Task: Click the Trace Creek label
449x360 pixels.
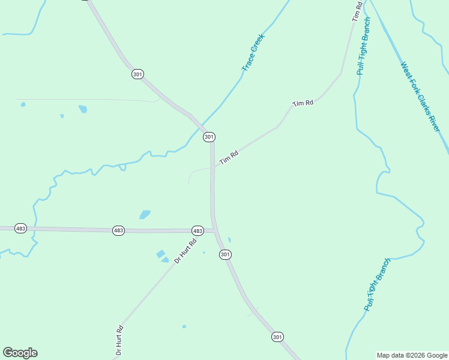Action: point(253,53)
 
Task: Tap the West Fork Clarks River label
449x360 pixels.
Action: point(420,97)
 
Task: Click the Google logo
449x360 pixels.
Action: point(20,353)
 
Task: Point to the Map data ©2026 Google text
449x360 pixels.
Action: point(412,355)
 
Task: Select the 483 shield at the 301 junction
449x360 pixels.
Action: point(197,231)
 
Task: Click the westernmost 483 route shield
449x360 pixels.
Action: point(21,229)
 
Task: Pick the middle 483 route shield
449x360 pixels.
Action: point(118,230)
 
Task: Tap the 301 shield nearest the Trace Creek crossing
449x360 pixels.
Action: point(209,137)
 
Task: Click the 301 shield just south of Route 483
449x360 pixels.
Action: point(225,254)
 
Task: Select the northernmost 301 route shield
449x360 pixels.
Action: point(137,74)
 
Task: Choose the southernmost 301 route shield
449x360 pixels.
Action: point(277,337)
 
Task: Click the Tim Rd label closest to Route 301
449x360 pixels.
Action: point(229,158)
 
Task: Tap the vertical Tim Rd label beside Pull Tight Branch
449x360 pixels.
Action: point(357,11)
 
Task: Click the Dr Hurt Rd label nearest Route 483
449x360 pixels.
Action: point(185,251)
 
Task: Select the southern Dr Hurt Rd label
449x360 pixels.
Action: point(119,340)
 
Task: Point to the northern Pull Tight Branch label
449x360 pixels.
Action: point(364,46)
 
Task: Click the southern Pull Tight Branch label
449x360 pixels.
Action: point(377,284)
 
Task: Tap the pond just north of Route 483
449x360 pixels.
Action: point(145,214)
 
